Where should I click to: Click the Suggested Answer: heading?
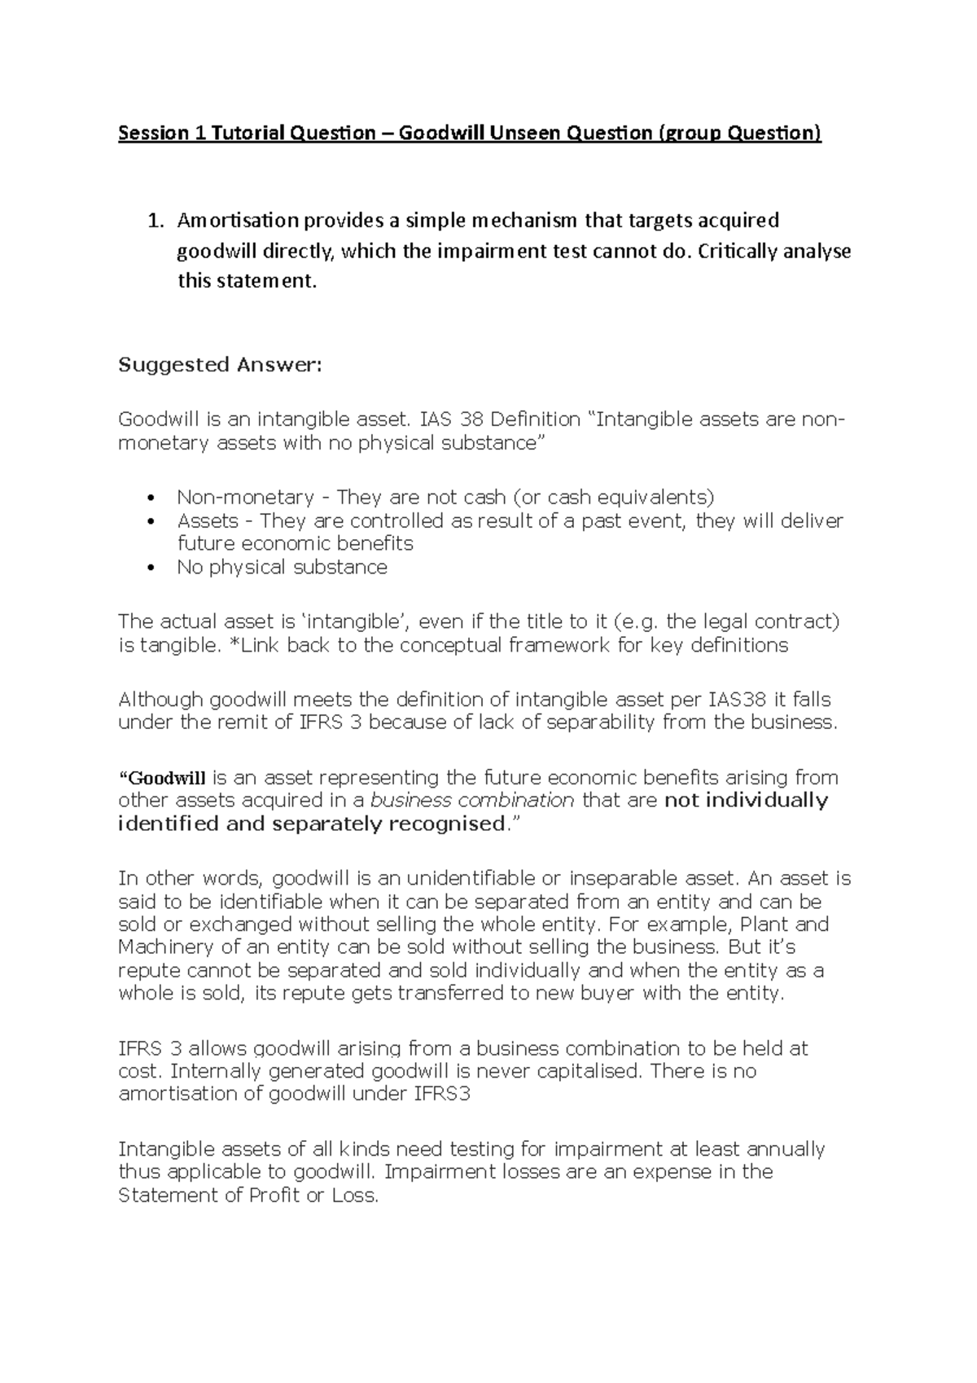tap(220, 365)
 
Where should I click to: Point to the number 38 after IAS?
tap(471, 420)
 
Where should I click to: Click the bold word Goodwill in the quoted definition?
tap(168, 778)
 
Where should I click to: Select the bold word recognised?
tap(445, 823)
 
